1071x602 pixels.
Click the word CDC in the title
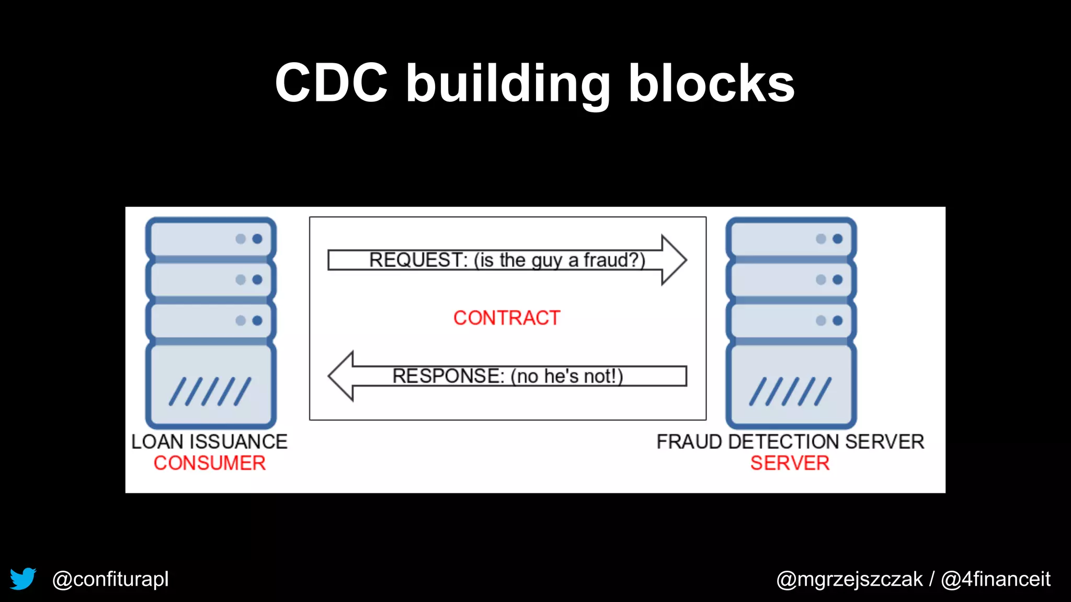click(331, 84)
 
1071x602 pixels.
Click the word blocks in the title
click(711, 84)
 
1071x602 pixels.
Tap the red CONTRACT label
click(506, 318)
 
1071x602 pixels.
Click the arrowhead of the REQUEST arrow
click(674, 260)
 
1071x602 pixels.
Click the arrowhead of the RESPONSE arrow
click(341, 376)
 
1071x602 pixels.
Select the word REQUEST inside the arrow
click(417, 260)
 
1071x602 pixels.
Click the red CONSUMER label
click(210, 463)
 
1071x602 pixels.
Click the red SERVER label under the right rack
click(790, 463)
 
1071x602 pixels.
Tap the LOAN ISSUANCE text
click(209, 442)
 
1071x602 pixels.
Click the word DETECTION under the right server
click(784, 442)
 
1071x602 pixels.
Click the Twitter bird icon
click(23, 579)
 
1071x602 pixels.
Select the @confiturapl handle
click(110, 579)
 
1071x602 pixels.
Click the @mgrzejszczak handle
click(849, 579)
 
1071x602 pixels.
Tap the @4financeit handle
click(996, 579)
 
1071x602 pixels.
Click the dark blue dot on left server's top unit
click(257, 239)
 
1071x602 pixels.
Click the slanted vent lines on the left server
click(210, 391)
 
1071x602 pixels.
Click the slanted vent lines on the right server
click(790, 391)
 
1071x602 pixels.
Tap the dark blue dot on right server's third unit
click(838, 320)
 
